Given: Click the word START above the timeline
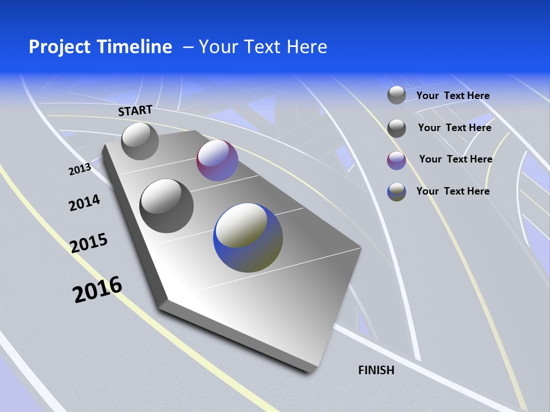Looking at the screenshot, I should [x=135, y=110].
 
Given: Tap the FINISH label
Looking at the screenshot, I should [x=376, y=370].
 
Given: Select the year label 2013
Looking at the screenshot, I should [x=80, y=169].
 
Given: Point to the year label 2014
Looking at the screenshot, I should [x=84, y=203].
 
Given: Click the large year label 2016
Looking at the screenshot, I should [x=97, y=289].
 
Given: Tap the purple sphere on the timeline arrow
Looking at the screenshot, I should [x=217, y=160].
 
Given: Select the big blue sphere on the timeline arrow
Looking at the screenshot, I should [x=248, y=237].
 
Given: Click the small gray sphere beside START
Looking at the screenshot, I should [x=140, y=141].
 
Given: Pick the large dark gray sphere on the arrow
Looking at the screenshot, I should [x=167, y=205].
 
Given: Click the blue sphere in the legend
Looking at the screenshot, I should [x=396, y=192].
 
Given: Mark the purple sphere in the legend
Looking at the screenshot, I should [x=396, y=160].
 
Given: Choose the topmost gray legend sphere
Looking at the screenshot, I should [x=396, y=95].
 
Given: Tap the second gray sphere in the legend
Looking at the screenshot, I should [x=396, y=128].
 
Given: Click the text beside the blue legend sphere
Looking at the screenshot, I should [x=453, y=191].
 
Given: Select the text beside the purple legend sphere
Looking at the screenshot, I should [x=455, y=159].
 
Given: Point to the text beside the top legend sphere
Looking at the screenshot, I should [x=453, y=96].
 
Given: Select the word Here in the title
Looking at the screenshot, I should [x=308, y=47].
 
